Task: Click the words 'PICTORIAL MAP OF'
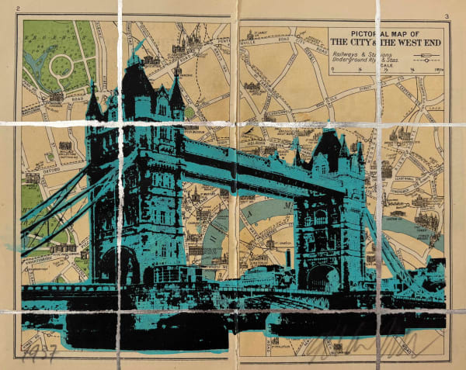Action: tap(384, 33)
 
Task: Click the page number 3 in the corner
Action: tap(447, 16)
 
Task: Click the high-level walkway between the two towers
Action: tap(233, 159)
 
